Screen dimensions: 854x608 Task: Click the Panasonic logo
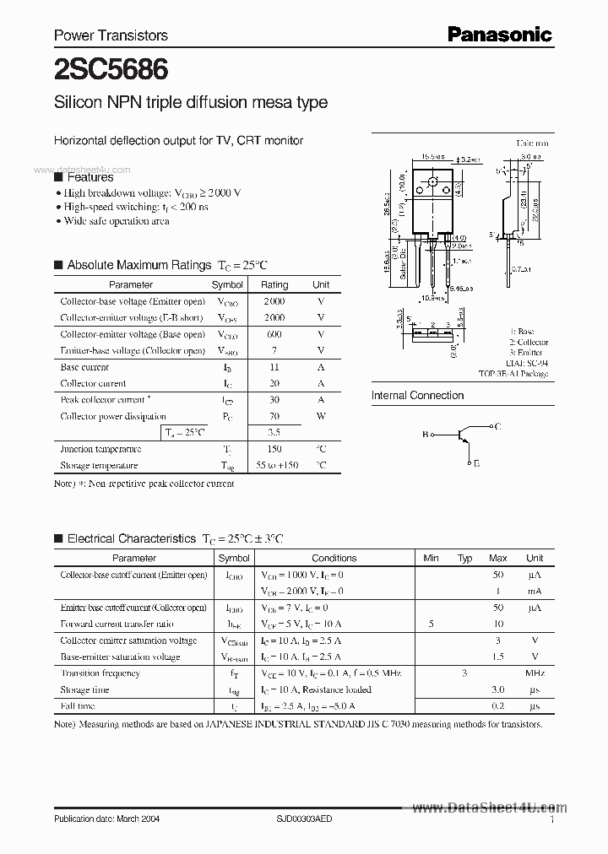(x=499, y=35)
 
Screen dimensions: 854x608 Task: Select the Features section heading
(x=90, y=177)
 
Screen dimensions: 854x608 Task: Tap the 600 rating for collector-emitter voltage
(x=274, y=334)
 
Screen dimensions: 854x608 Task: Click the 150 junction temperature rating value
(x=274, y=449)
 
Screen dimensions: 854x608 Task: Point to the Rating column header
(x=274, y=285)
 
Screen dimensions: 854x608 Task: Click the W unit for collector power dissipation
(x=321, y=416)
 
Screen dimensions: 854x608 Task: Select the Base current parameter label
(x=84, y=367)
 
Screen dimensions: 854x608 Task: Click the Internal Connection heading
(x=417, y=395)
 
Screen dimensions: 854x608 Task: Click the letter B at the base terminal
(x=425, y=435)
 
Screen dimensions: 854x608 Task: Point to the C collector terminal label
(x=498, y=427)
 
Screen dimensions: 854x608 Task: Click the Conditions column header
(x=334, y=558)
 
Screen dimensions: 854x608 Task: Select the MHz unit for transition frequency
(x=534, y=673)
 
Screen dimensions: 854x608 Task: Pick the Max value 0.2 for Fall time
(x=498, y=706)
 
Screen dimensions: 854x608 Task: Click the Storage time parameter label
(x=84, y=689)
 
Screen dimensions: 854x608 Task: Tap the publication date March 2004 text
(x=106, y=819)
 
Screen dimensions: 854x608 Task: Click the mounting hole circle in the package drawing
(x=432, y=182)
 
